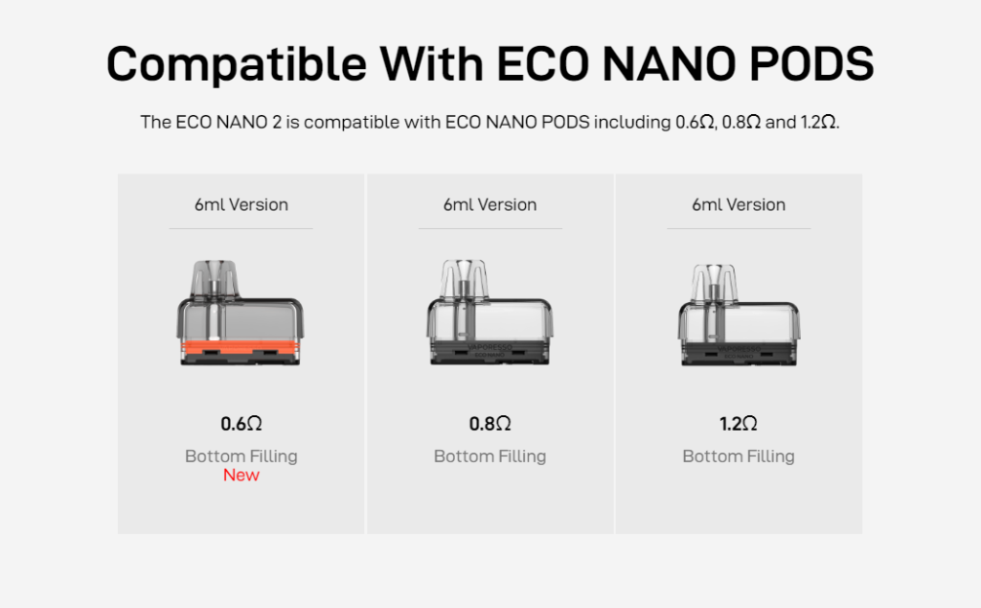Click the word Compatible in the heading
(x=237, y=64)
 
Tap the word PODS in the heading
(x=810, y=63)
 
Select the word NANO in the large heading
(x=669, y=63)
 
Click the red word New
(x=240, y=475)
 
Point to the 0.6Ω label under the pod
(x=240, y=424)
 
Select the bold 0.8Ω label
(x=490, y=424)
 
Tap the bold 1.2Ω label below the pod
(x=739, y=424)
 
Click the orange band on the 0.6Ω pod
(x=240, y=347)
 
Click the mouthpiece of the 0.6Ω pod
(x=214, y=279)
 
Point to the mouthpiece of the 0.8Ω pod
(x=464, y=279)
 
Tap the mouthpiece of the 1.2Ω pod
(x=714, y=283)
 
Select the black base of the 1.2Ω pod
(x=739, y=354)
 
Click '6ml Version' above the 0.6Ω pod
(x=240, y=205)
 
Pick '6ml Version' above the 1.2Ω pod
(x=739, y=205)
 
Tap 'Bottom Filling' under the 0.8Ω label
(x=490, y=456)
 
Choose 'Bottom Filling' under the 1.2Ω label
(x=739, y=456)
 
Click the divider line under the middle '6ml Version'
(x=490, y=228)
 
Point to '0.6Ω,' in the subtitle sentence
(x=696, y=122)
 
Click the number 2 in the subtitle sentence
(x=277, y=122)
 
